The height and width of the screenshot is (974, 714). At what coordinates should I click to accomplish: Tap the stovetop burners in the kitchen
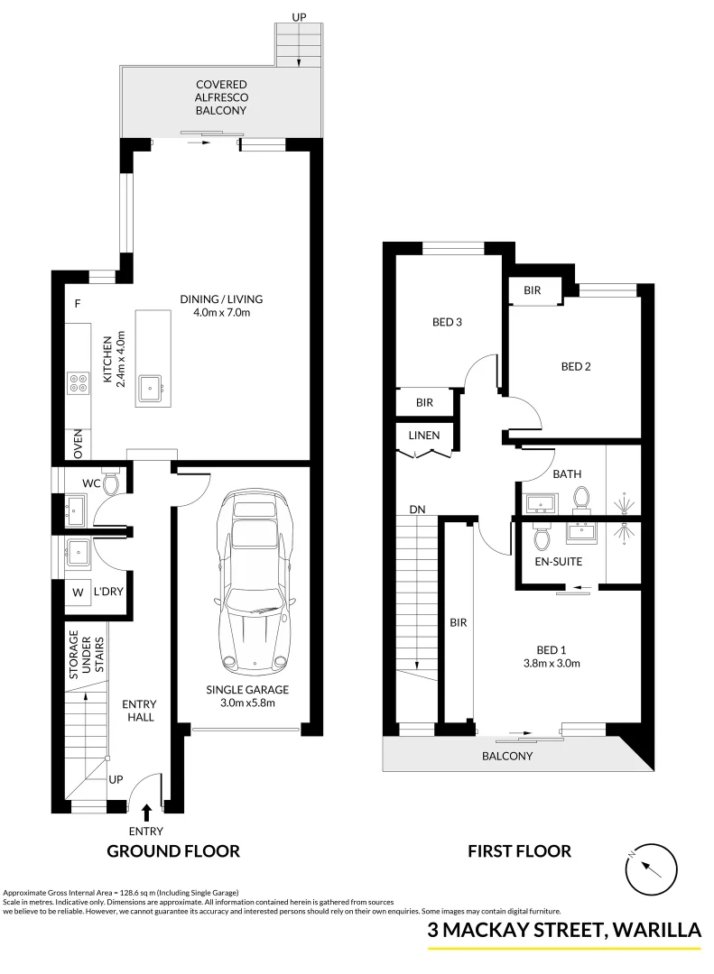pos(78,383)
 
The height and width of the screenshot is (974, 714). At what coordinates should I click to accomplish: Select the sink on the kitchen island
pos(149,388)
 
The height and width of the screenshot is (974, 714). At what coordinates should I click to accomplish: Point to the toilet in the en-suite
pos(542,538)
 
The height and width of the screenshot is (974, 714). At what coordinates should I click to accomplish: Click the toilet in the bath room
pos(582,498)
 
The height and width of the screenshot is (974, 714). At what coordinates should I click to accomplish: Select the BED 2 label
pos(576,366)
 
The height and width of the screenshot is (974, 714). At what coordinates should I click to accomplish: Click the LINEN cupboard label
pos(424,436)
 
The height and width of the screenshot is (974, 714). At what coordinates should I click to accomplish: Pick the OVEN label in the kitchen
pos(79,444)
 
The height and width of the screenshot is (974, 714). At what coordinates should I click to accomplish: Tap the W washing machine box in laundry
pos(77,593)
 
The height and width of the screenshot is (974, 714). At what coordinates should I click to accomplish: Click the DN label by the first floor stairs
pos(417,510)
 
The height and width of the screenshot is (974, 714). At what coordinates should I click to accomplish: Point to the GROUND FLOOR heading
pos(173,850)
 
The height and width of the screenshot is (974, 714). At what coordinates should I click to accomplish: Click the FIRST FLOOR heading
pos(519,850)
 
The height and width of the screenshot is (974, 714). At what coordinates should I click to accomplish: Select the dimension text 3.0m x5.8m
pos(246,703)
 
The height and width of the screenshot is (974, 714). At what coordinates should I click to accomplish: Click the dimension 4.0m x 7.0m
pos(220,313)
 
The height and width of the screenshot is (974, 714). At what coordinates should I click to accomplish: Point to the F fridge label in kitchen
pos(79,304)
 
